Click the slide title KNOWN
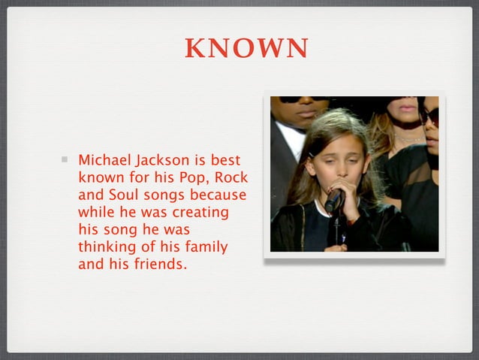point(246,49)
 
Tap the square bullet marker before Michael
point(66,159)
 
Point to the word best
point(224,161)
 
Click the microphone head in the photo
point(333,200)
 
